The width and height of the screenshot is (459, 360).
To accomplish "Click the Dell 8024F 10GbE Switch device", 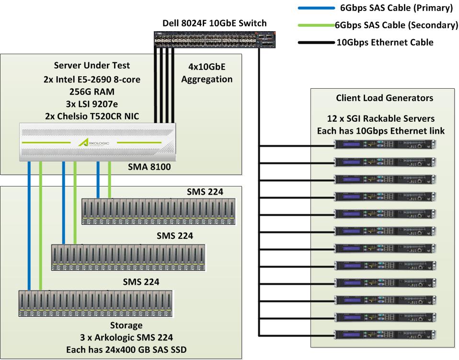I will [x=214, y=39].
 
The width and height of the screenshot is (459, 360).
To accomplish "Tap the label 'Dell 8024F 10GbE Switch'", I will [x=214, y=23].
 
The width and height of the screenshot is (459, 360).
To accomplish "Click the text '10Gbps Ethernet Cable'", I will [x=385, y=42].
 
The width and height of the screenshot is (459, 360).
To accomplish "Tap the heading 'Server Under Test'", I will [x=92, y=66].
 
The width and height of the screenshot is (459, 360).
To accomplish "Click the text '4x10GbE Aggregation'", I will [x=207, y=73].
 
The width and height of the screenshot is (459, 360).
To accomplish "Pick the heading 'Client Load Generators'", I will [x=385, y=98].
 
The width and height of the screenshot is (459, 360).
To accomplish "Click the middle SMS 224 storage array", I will [x=128, y=258].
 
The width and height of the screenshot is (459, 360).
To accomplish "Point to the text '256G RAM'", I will [x=92, y=92].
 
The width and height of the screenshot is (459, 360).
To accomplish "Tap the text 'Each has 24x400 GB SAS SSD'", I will [x=126, y=350].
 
